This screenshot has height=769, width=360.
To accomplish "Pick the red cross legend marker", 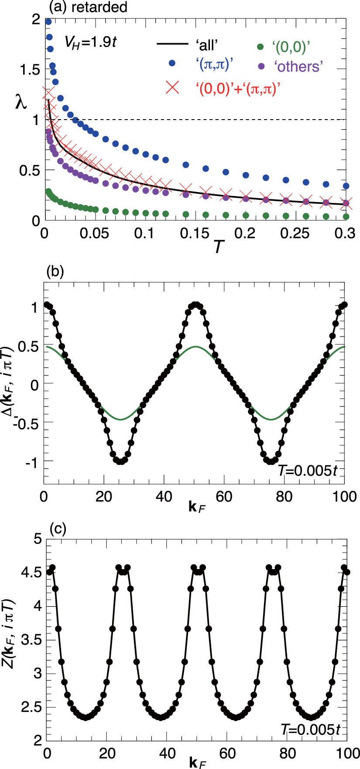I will coord(172,87).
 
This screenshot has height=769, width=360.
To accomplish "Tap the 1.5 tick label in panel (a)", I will coord(28,69).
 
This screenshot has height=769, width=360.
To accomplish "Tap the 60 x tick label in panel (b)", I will coord(224,497).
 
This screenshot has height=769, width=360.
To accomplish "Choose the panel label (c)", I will coord(57,529).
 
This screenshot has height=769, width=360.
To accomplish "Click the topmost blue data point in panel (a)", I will coord(48,22).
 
